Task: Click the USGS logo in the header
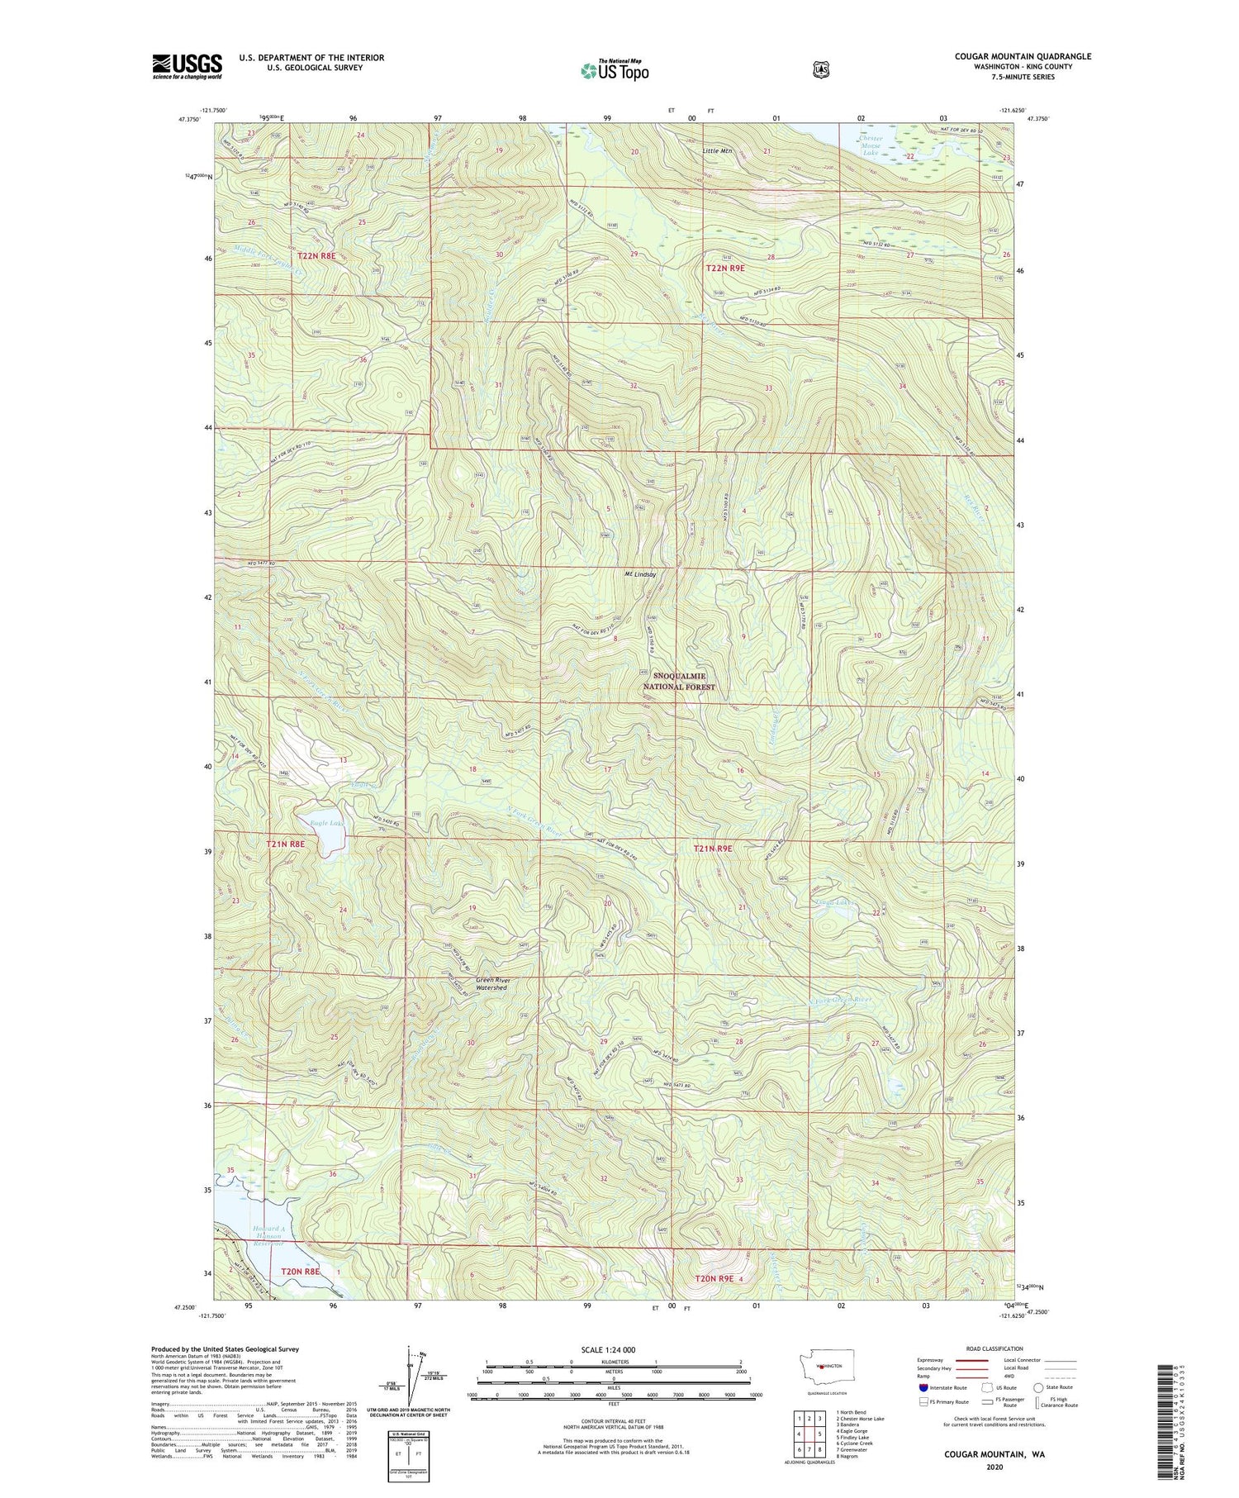[x=187, y=66]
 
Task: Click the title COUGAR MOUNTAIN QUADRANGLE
[x=1023, y=56]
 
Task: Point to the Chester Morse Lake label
[x=871, y=145]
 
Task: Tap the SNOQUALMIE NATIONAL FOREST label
[x=679, y=682]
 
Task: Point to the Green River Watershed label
[x=492, y=984]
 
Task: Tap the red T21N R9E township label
[x=713, y=849]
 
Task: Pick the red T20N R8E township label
[x=300, y=1272]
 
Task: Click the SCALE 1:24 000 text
[x=608, y=1350]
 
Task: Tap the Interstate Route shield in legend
[x=923, y=1387]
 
